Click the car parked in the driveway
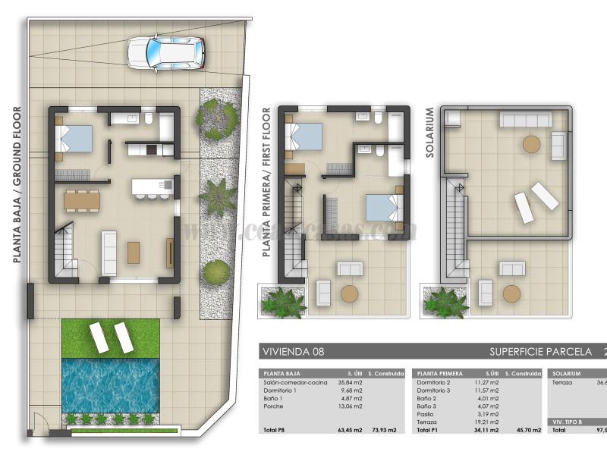point(165,52)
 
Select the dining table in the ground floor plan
point(82,200)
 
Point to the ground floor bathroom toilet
point(149,119)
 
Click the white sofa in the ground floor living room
point(109,253)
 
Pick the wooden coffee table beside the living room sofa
point(134,252)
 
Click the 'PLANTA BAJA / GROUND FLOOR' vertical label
point(17,184)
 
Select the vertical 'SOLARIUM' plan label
point(429,132)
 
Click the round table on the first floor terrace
point(349,293)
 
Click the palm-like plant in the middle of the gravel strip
point(219,196)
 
